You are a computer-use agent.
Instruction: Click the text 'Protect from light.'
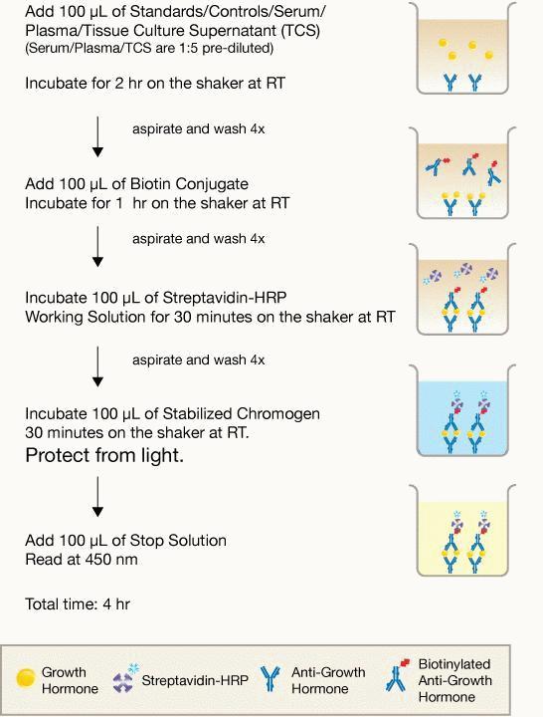tap(104, 455)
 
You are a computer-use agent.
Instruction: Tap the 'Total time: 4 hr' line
tap(78, 604)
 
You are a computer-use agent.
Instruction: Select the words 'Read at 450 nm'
tap(82, 560)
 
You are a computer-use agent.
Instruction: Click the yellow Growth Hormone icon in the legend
tap(26, 678)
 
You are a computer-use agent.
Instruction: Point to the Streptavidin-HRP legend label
tap(195, 680)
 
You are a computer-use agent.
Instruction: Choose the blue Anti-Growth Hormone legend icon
tap(271, 678)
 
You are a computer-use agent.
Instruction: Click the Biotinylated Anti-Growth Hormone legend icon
tap(397, 675)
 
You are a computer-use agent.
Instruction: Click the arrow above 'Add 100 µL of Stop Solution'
tap(97, 497)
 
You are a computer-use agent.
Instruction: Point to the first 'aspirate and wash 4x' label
tap(199, 128)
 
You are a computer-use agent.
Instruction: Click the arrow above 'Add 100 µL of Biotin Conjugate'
tap(97, 136)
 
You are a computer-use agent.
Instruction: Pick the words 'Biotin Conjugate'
tap(189, 184)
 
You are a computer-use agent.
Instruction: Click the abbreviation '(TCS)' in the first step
tap(300, 30)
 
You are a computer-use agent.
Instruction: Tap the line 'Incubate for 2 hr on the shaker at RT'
tap(155, 84)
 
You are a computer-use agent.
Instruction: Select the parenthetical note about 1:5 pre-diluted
tap(149, 48)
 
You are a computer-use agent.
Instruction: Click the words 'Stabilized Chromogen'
tap(241, 414)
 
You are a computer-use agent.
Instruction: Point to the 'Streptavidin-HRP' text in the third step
tap(225, 298)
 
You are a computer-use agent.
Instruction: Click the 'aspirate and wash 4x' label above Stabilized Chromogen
tap(199, 359)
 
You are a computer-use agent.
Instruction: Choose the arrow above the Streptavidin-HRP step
tap(97, 247)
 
